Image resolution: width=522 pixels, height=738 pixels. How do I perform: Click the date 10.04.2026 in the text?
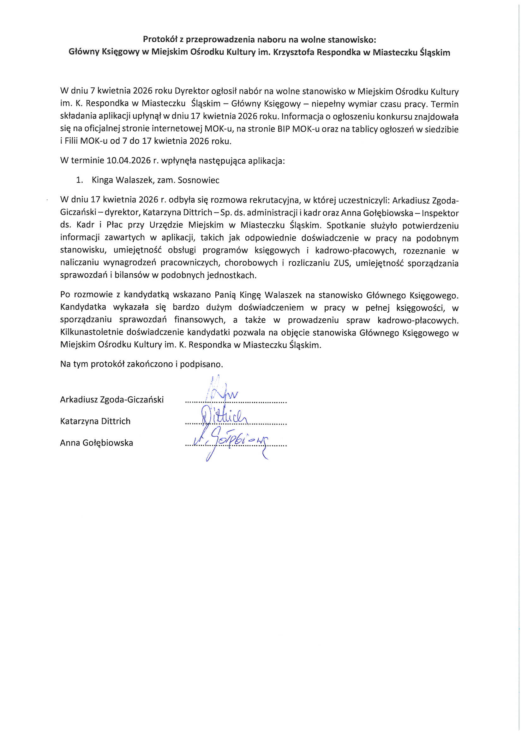click(x=128, y=160)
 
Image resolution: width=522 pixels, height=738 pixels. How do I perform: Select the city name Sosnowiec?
click(x=198, y=180)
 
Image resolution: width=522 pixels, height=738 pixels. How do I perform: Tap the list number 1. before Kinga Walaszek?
click(x=79, y=180)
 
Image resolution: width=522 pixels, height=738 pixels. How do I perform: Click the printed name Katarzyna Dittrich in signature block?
click(x=95, y=421)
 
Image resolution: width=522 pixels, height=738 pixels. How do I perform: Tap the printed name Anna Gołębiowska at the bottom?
click(x=97, y=443)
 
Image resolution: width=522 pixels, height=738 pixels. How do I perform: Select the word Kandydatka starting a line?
click(x=83, y=307)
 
